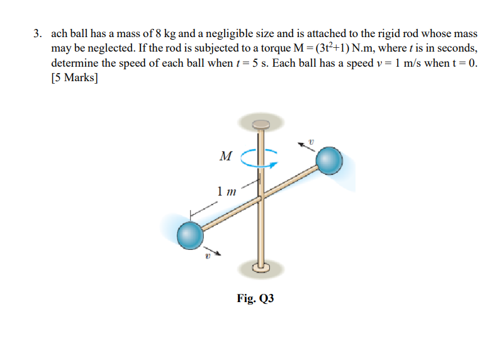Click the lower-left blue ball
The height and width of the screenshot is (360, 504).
[x=189, y=236]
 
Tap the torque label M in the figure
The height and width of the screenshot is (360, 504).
[x=225, y=155]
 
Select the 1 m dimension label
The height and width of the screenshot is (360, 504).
[x=226, y=191]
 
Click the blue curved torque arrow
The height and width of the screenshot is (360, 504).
[x=260, y=159]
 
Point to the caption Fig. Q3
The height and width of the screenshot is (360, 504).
[x=255, y=298]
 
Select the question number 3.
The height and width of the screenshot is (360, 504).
[x=37, y=33]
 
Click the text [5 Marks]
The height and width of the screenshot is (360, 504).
[x=74, y=79]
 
